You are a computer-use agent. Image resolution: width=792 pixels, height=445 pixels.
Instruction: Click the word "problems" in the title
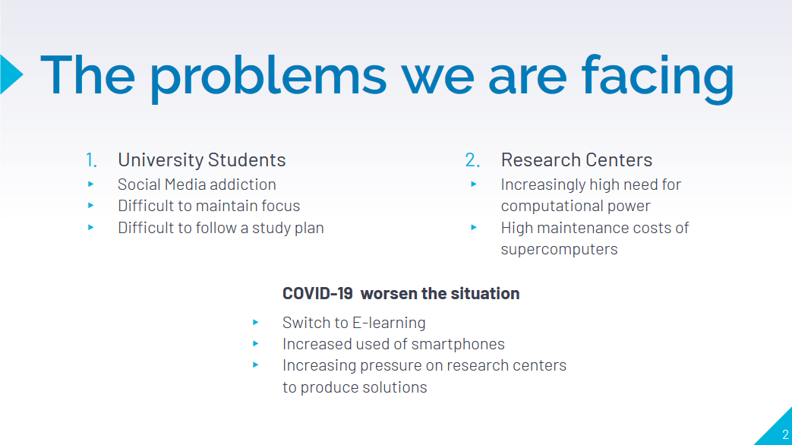269,77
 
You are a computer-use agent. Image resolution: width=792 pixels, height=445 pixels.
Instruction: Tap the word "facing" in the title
658,77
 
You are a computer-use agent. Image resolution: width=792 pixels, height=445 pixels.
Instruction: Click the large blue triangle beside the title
11,74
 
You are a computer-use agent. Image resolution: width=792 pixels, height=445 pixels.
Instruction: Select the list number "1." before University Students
91,159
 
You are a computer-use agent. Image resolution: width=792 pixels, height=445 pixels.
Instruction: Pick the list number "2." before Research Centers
472,159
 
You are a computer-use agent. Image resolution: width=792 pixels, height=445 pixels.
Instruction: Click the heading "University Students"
201,159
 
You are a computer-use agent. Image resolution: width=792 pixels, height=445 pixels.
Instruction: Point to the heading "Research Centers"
576,159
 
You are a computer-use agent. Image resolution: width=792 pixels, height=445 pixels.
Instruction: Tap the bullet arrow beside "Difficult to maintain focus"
91,206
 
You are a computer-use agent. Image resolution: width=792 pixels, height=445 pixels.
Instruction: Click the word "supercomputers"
559,250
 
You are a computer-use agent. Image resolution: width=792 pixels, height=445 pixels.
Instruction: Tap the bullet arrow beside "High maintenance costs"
474,228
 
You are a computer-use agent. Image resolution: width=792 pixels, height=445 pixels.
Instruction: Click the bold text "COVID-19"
317,293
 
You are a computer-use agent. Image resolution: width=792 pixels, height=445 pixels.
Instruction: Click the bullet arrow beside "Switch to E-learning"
256,322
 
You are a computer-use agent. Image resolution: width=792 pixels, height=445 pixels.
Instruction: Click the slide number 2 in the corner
785,434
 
